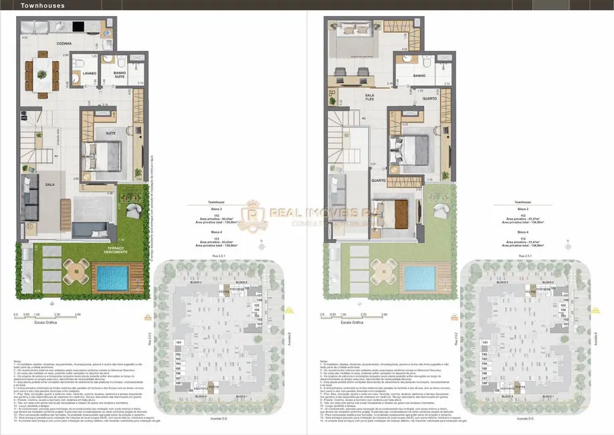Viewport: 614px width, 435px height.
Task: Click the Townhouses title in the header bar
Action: point(41,5)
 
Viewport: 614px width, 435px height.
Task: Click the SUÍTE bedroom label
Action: point(110,134)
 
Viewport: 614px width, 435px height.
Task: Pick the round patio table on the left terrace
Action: point(75,272)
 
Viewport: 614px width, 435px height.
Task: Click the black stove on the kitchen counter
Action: point(77,27)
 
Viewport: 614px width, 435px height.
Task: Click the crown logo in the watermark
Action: point(255,213)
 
